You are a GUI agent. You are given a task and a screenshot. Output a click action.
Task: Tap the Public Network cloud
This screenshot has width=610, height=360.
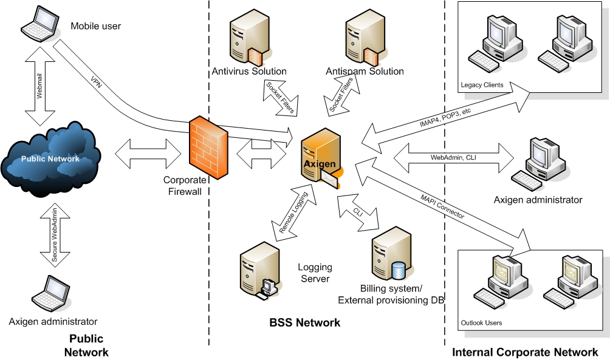pyautogui.click(x=51, y=159)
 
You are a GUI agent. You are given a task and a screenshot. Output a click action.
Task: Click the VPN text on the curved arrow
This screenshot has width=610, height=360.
pyautogui.click(x=96, y=83)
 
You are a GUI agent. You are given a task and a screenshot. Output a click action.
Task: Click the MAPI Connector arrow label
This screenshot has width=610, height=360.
pyautogui.click(x=442, y=207)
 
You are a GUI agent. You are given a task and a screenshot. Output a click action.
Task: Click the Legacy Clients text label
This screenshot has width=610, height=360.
pyautogui.click(x=482, y=85)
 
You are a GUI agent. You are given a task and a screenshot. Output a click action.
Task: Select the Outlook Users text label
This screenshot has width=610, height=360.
pyautogui.click(x=481, y=323)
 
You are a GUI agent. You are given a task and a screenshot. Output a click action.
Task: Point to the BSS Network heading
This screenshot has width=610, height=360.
pyautogui.click(x=304, y=323)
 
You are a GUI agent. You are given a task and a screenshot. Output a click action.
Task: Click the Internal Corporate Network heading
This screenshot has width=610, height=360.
pyautogui.click(x=525, y=352)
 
